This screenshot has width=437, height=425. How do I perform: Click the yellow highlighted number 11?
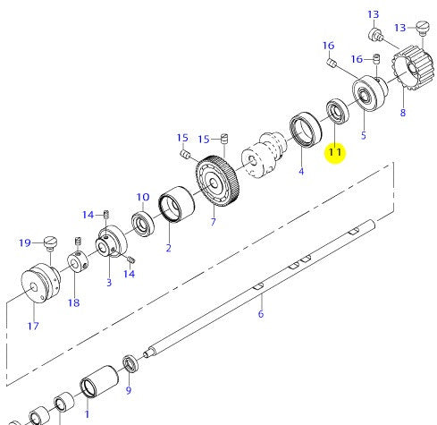pyautogui.click(x=334, y=152)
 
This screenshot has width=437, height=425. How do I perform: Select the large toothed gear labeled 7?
pyautogui.click(x=217, y=182)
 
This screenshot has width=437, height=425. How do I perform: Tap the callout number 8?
pyautogui.click(x=403, y=113)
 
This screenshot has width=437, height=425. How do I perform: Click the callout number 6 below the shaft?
pyautogui.click(x=261, y=314)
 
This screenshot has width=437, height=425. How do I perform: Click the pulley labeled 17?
pyautogui.click(x=41, y=283)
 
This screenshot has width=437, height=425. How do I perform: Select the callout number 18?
pyautogui.click(x=74, y=303)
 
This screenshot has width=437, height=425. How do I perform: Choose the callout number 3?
pyautogui.click(x=109, y=282)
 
